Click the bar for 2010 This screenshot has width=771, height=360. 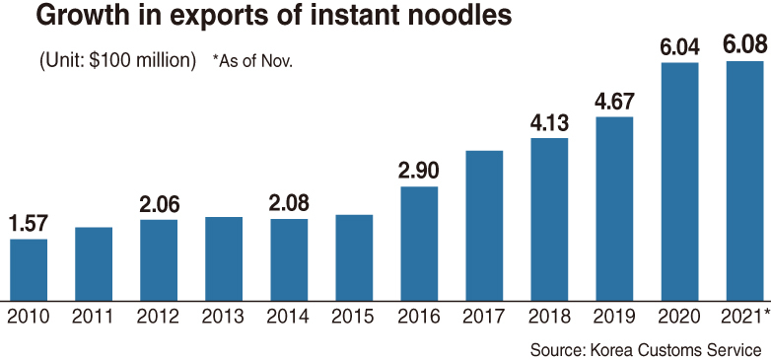29,269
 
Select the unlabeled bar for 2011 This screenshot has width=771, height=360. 94,263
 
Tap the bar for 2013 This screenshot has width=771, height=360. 224,258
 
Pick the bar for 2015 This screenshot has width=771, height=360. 354,257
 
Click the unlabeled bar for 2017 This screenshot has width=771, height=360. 484,226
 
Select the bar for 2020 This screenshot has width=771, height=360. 679,181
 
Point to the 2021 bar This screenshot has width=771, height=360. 745,180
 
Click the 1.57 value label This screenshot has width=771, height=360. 28,224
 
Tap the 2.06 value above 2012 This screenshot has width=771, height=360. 159,204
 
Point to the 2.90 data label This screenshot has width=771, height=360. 419,172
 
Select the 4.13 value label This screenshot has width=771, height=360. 549,123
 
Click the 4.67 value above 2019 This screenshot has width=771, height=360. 614,102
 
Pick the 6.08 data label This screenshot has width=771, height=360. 745,45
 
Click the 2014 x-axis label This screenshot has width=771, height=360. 289,318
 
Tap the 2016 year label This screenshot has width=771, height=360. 419,318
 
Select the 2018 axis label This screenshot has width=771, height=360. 549,318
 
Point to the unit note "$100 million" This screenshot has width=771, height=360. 141,61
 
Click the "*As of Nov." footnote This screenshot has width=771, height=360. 252,61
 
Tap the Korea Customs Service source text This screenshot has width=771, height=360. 675,350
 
